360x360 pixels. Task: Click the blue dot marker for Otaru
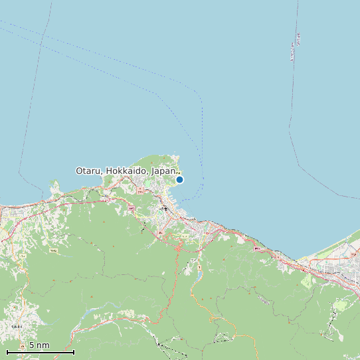coord(179,179)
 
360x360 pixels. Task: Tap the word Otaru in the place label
coord(88,171)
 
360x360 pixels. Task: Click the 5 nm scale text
coord(39,345)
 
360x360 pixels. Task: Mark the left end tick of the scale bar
coord(7,351)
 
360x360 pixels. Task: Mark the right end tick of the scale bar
coord(74,351)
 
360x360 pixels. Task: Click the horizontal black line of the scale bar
coord(40,352)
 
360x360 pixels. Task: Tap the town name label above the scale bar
coord(17,326)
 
